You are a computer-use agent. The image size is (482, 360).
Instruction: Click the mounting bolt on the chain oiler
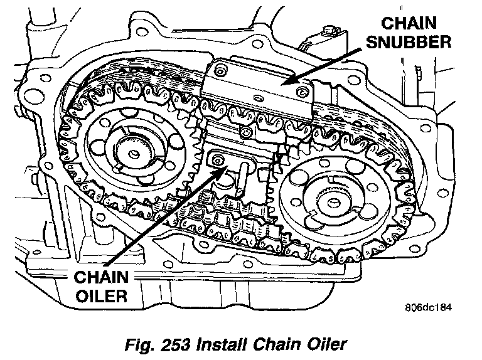[218, 161]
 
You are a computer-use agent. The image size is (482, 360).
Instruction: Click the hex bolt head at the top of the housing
[328, 31]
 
